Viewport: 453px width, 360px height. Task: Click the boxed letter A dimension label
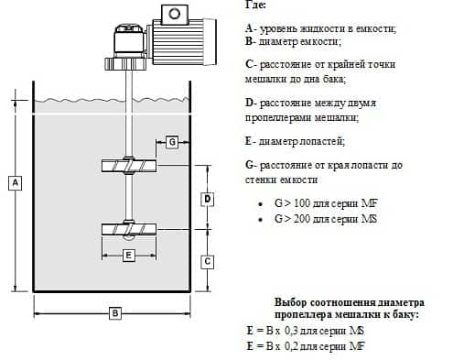click(15, 183)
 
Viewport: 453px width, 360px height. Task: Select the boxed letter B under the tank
click(115, 313)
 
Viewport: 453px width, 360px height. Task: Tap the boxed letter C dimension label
click(208, 261)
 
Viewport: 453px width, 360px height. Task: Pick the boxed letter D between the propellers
click(207, 198)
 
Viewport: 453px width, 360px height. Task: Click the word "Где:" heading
click(257, 6)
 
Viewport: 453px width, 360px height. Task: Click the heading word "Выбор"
click(291, 301)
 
